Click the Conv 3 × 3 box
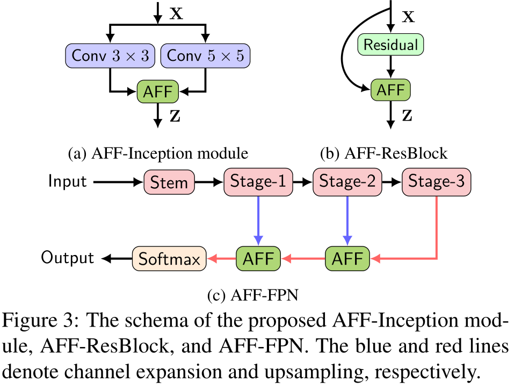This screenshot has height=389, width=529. [x=110, y=56]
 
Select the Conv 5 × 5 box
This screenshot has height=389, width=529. [x=206, y=56]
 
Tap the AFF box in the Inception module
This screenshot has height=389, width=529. [x=157, y=91]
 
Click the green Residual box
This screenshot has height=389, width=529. [x=390, y=45]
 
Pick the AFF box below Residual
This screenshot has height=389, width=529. [x=390, y=90]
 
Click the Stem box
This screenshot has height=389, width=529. [x=169, y=182]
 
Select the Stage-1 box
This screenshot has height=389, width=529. [x=258, y=182]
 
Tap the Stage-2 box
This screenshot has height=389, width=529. [x=347, y=182]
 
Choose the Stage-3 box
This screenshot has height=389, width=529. [x=436, y=182]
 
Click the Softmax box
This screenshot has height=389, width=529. [x=169, y=259]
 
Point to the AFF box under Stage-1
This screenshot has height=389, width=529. [x=258, y=259]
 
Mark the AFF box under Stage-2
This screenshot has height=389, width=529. [x=347, y=259]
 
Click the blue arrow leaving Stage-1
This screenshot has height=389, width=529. [x=258, y=221]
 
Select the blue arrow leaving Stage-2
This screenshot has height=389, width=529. [x=347, y=221]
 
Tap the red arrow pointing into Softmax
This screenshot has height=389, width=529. [x=221, y=259]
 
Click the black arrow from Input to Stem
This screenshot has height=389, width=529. [x=118, y=182]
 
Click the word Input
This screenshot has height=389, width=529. [x=67, y=181]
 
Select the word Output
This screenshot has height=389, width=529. [x=67, y=258]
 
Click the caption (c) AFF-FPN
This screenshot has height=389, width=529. [x=253, y=295]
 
